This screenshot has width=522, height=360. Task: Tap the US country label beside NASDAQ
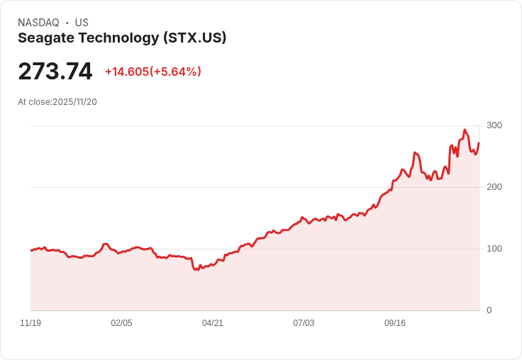[x=82, y=23]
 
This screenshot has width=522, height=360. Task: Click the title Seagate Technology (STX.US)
[x=122, y=38]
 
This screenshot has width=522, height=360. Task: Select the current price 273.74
[x=55, y=72]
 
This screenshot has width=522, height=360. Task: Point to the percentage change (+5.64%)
[x=175, y=72]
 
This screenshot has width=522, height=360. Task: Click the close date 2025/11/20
[x=74, y=102]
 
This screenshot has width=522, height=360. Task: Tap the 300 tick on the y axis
[x=494, y=125]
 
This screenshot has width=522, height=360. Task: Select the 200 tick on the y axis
[x=494, y=187]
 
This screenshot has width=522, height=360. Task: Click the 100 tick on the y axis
[x=494, y=249]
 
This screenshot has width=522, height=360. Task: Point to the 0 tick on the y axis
[x=489, y=310]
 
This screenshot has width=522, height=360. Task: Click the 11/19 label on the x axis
[x=30, y=323]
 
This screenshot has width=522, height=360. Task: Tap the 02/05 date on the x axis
[x=121, y=323]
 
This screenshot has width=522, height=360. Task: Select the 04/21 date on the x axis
[x=213, y=323]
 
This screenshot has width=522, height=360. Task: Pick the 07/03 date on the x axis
[x=304, y=323]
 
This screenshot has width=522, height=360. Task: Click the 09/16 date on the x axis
[x=395, y=323]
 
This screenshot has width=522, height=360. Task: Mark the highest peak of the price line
[x=465, y=130]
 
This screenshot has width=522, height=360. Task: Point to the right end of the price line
[x=479, y=143]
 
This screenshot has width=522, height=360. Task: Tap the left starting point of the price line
[x=31, y=250]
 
